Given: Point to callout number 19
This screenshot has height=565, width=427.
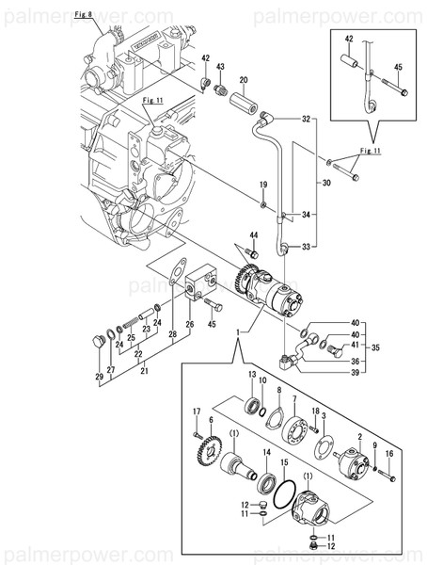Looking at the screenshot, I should click(264, 184).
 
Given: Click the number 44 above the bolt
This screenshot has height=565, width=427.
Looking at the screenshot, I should click(253, 234).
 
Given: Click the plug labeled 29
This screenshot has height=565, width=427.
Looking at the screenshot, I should click(96, 341).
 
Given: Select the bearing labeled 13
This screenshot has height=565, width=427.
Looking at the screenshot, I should click(253, 406).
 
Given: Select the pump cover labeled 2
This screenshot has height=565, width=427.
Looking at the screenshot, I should click(355, 459).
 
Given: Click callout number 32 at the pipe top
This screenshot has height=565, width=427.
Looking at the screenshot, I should click(306, 120).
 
